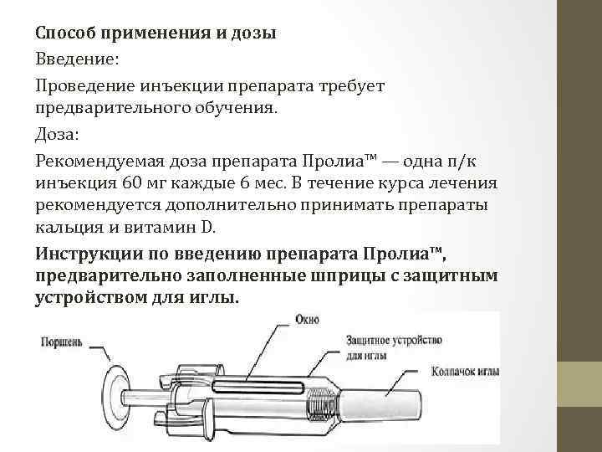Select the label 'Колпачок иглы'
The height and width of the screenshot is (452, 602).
[462, 370]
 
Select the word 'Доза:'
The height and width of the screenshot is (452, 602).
[57, 134]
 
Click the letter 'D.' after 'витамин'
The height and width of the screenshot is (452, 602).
[210, 227]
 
